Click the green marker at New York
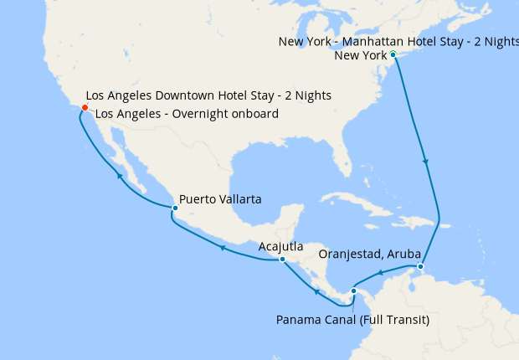click(393, 54)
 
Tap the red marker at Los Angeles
click(85, 107)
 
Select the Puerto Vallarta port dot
click(174, 208)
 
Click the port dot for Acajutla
click(282, 260)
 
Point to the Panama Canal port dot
click(354, 291)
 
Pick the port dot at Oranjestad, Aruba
click(420, 267)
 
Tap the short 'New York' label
click(360, 56)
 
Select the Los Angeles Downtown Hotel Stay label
click(208, 96)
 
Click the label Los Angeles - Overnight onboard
click(187, 114)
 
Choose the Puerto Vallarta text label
click(220, 200)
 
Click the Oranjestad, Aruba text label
click(369, 254)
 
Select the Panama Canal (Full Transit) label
click(352, 319)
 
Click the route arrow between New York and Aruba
click(427, 161)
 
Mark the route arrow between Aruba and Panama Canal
click(381, 273)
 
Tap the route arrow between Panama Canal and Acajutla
click(316, 291)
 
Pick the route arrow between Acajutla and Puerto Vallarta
click(222, 248)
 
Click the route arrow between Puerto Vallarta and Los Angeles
click(120, 177)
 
